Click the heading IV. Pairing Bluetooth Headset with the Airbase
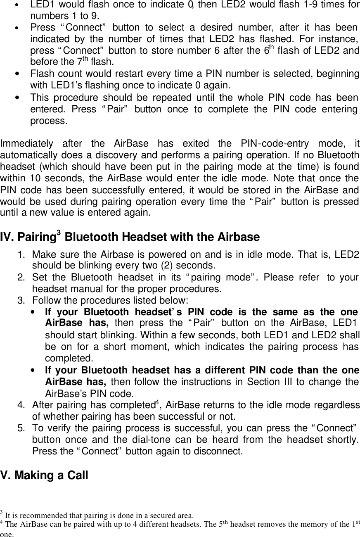pyautogui.click(x=130, y=237)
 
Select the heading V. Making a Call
pyautogui.click(x=45, y=475)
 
